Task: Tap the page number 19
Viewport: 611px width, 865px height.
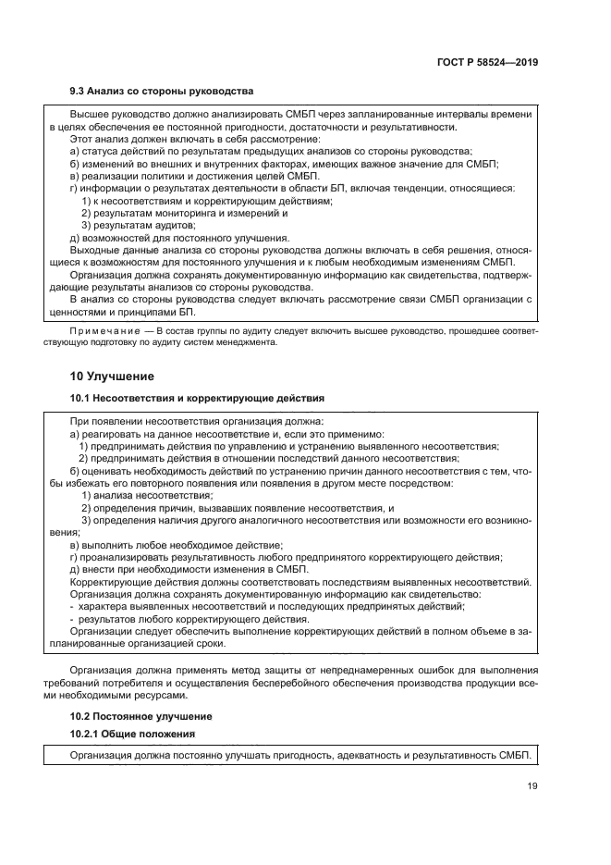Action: point(532,787)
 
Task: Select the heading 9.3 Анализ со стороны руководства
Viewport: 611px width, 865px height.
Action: point(162,91)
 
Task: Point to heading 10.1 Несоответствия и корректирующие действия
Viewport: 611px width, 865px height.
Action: point(197,397)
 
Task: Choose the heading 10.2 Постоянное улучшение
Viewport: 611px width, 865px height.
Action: point(141,715)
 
